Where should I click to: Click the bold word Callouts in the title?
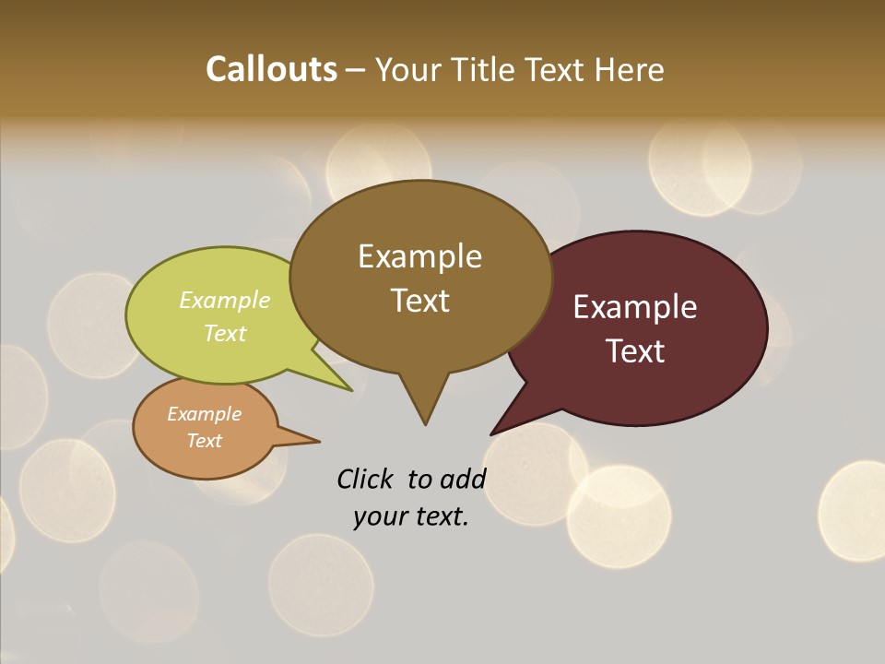[271, 69]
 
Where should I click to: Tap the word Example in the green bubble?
[225, 301]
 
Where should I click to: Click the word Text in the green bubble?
[225, 334]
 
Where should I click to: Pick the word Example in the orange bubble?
[205, 414]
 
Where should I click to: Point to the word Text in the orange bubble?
[205, 441]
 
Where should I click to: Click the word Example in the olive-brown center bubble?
[419, 256]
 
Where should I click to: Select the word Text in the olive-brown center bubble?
[420, 301]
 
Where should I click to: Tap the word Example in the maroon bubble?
[635, 307]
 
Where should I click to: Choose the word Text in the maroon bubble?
[636, 351]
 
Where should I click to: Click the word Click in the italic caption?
[365, 479]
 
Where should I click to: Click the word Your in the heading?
[411, 69]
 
